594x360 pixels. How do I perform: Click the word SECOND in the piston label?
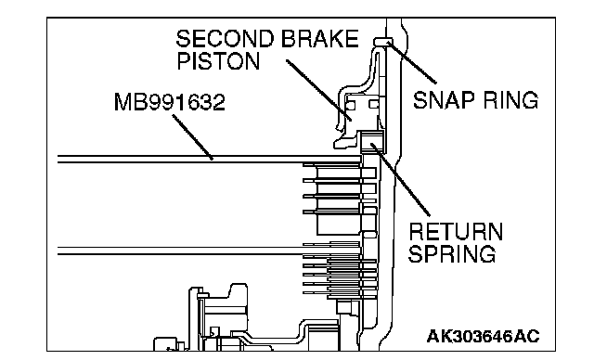coord(225,39)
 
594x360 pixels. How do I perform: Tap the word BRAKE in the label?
coord(320,39)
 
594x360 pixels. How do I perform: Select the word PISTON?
coord(219,61)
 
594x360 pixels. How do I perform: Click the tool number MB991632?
coord(169,102)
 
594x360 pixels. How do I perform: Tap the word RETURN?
coord(456,231)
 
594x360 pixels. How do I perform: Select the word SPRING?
coord(452,253)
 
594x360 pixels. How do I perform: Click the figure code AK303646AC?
coord(483,336)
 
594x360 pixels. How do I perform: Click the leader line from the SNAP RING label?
coord(412,63)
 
